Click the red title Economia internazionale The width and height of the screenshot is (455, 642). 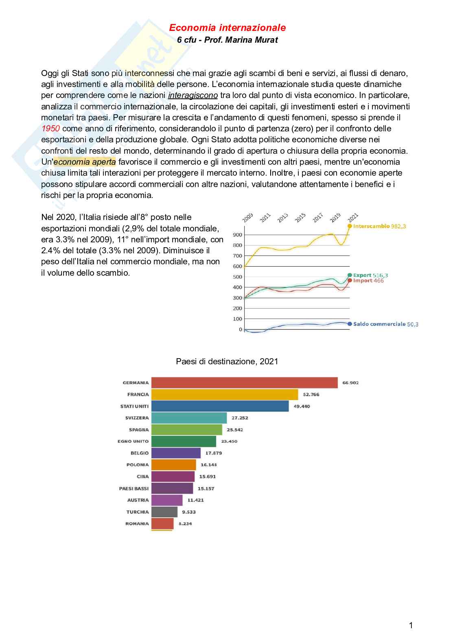click(x=227, y=28)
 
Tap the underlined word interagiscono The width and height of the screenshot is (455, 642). click(x=193, y=96)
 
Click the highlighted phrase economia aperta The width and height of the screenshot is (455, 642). click(x=85, y=162)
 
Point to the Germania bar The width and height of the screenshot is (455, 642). click(x=244, y=383)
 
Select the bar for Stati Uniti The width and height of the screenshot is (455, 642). click(x=220, y=406)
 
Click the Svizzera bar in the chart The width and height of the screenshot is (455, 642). click(x=189, y=418)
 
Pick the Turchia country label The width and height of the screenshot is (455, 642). click(x=138, y=512)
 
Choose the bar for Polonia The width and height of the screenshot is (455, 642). click(x=174, y=465)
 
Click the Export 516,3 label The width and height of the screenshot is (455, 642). click(x=370, y=275)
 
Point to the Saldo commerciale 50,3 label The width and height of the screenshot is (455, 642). click(x=385, y=324)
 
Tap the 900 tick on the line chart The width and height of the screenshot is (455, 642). click(x=237, y=235)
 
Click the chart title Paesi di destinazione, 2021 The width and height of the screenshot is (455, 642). click(x=227, y=361)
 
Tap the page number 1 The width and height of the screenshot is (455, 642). click(x=411, y=625)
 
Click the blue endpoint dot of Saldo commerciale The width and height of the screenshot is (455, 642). click(x=349, y=324)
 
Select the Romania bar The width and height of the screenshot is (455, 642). click(x=162, y=524)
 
